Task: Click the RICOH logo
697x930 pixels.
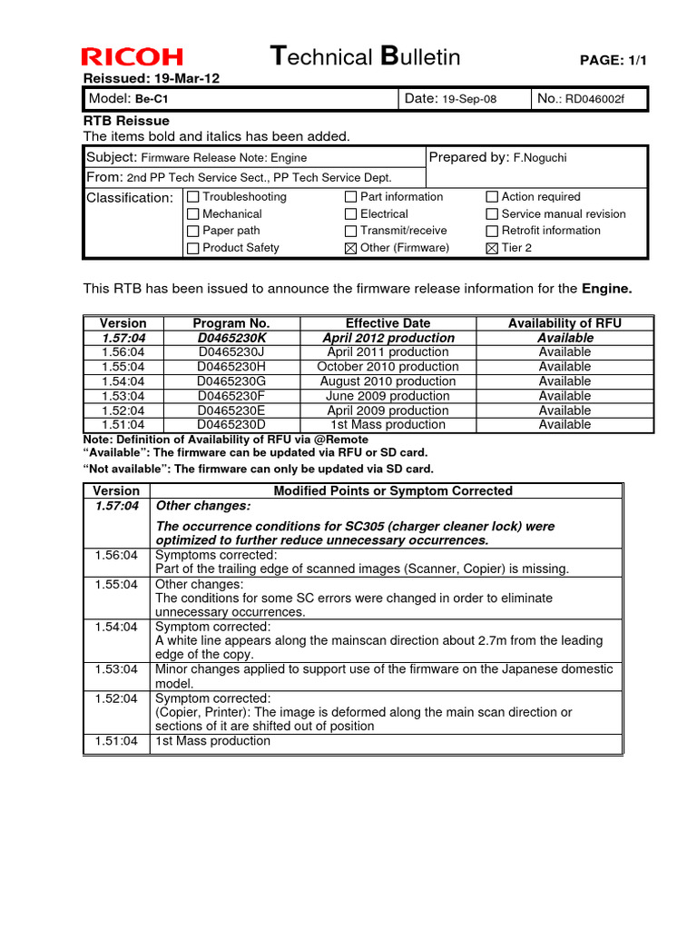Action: click(x=132, y=57)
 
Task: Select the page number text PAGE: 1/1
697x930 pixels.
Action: click(x=614, y=60)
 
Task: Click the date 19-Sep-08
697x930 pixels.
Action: click(x=469, y=99)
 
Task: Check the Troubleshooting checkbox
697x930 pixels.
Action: click(x=192, y=197)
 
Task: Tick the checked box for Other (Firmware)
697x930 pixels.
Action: click(x=350, y=248)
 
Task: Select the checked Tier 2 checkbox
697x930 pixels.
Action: click(x=492, y=248)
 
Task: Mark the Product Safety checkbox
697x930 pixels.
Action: click(x=192, y=248)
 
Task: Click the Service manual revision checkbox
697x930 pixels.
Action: click(x=492, y=214)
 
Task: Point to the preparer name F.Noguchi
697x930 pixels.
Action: click(x=542, y=158)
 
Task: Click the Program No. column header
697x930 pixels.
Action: click(x=231, y=323)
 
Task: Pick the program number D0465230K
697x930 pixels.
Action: click(x=231, y=338)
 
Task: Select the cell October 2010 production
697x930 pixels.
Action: click(x=388, y=367)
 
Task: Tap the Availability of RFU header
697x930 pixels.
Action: click(x=564, y=323)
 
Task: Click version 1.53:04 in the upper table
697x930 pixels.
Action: click(x=123, y=396)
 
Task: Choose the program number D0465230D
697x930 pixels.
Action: click(x=231, y=424)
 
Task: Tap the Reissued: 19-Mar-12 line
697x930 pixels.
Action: click(x=152, y=78)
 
